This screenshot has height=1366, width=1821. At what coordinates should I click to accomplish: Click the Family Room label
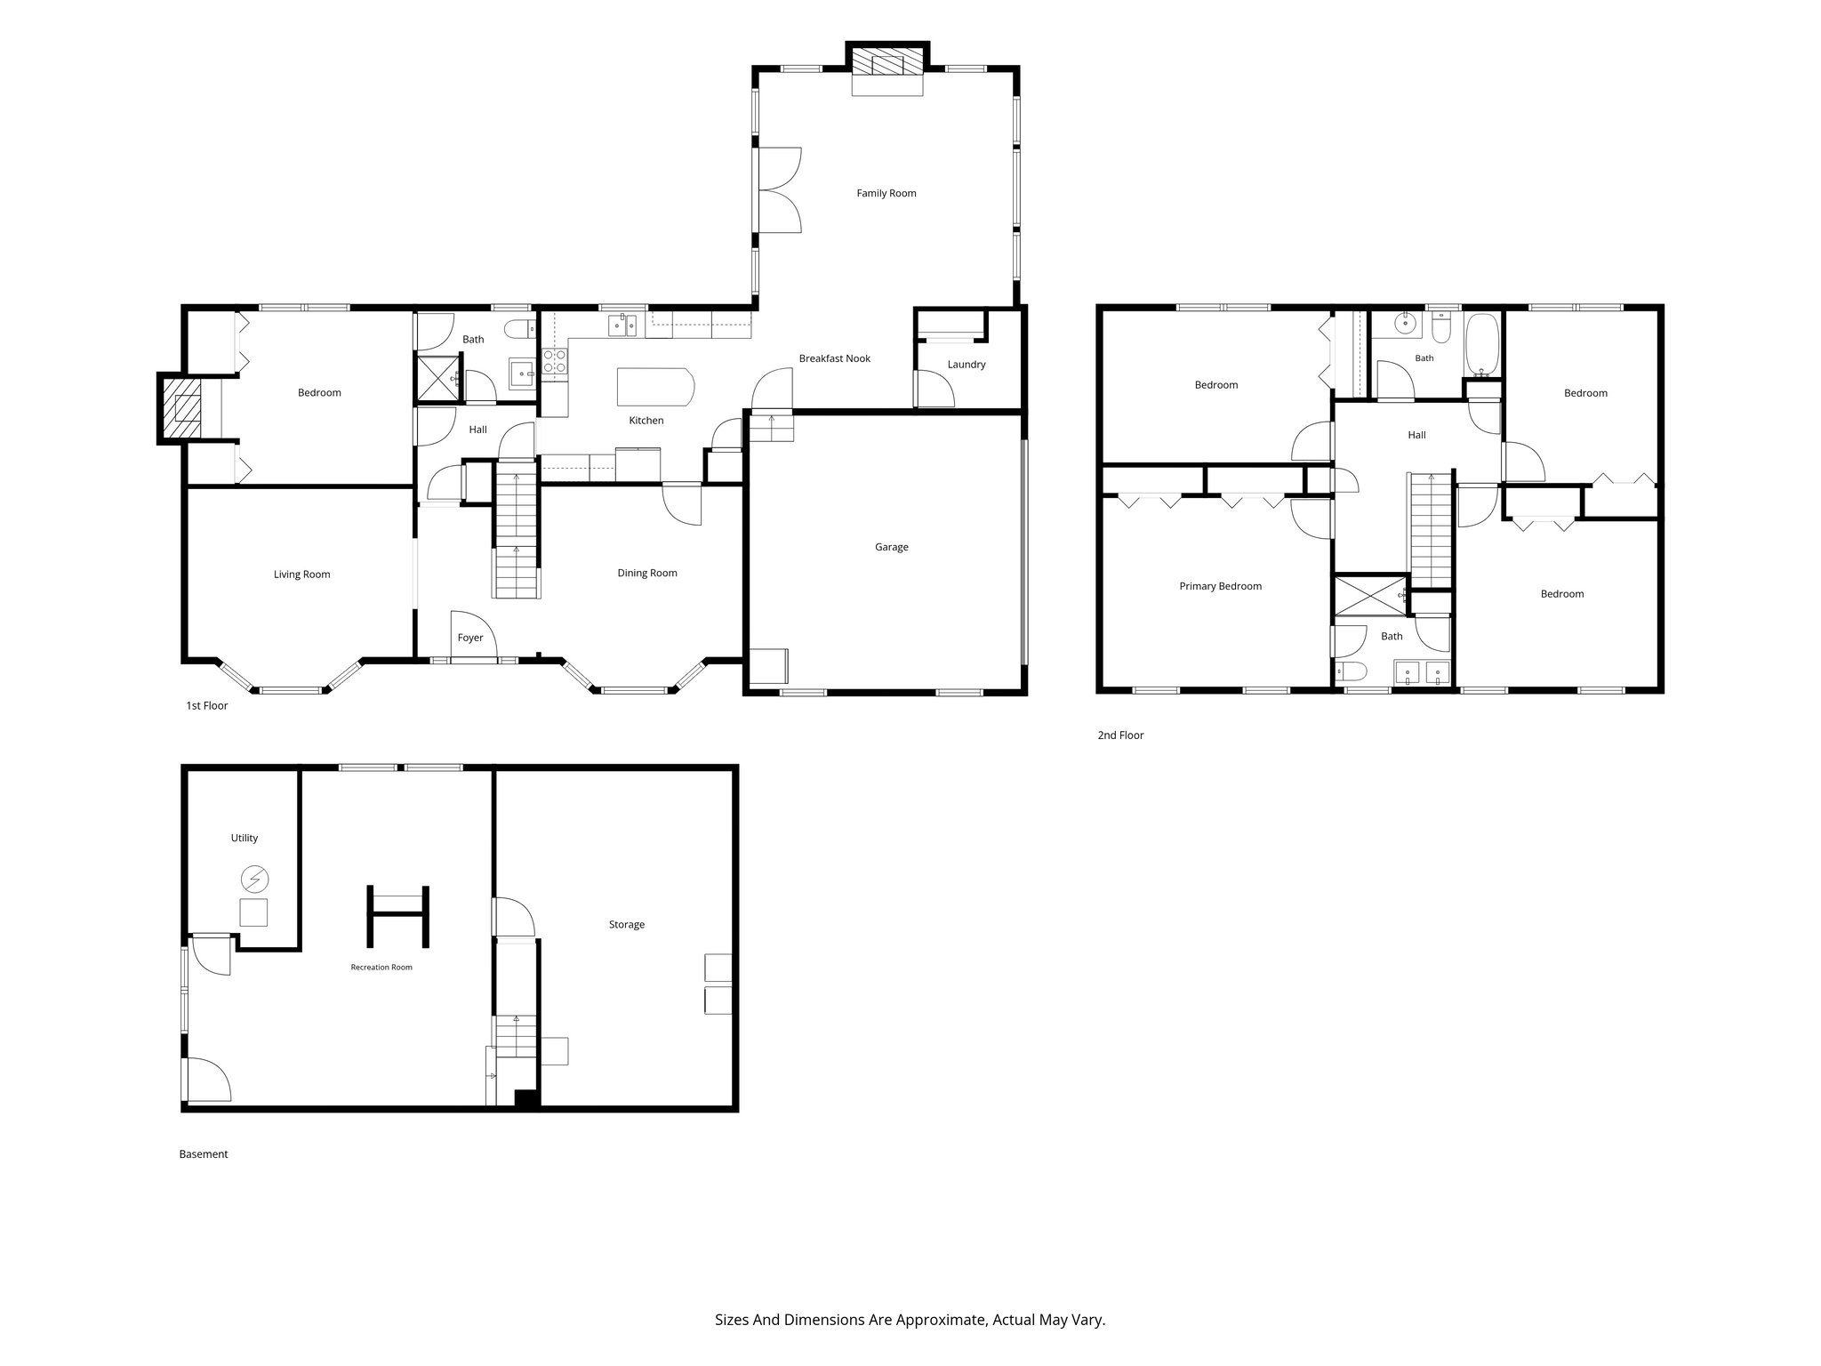click(x=886, y=193)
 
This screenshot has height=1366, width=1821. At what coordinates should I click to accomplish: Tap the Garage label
click(x=891, y=547)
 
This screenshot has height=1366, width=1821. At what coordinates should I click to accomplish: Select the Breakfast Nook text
click(x=834, y=358)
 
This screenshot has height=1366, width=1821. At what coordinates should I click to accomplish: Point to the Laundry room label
click(x=967, y=365)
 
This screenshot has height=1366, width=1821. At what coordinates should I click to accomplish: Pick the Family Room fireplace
click(x=887, y=69)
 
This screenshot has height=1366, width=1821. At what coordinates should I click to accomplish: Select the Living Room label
click(x=301, y=575)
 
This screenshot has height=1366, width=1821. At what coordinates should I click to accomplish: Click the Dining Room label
click(x=647, y=573)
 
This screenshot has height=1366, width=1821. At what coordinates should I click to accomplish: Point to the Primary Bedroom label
click(x=1220, y=586)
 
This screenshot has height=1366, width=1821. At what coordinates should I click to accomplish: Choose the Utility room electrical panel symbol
click(x=254, y=880)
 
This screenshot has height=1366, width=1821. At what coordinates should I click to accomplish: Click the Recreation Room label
click(x=381, y=967)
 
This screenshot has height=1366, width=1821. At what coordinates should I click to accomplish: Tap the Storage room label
click(x=627, y=925)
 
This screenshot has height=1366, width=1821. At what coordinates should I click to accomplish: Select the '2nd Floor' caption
click(x=1120, y=735)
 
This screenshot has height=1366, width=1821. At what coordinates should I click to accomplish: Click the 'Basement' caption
click(x=204, y=1154)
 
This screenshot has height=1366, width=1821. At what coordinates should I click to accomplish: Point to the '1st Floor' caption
click(x=206, y=706)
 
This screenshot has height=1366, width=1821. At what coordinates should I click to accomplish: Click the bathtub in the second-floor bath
click(x=1482, y=343)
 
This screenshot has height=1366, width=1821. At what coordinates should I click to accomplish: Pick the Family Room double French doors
click(x=779, y=190)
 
